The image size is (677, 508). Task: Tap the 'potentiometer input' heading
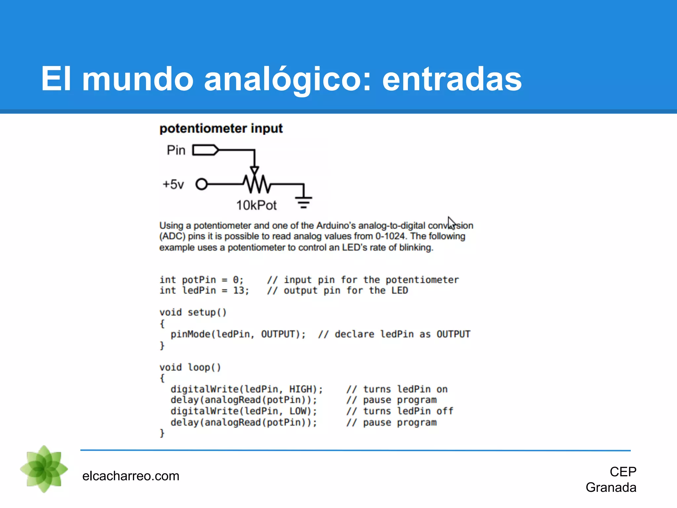[x=221, y=128]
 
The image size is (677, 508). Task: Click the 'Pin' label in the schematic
[x=176, y=150]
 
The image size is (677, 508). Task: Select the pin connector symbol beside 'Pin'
[x=205, y=150]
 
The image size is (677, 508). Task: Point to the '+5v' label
[x=173, y=184]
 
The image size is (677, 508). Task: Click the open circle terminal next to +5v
[x=201, y=184]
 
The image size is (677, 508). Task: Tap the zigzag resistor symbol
[x=257, y=184]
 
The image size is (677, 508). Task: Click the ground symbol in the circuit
[x=304, y=202]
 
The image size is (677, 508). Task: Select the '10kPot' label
[x=256, y=205]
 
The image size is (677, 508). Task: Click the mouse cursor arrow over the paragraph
[x=451, y=223]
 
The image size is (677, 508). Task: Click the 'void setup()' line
[x=193, y=312]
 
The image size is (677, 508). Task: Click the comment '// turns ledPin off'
[x=400, y=411]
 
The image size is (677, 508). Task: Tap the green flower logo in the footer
[x=44, y=469]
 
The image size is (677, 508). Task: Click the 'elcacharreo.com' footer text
[x=131, y=476]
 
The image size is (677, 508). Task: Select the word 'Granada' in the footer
[x=611, y=487]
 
